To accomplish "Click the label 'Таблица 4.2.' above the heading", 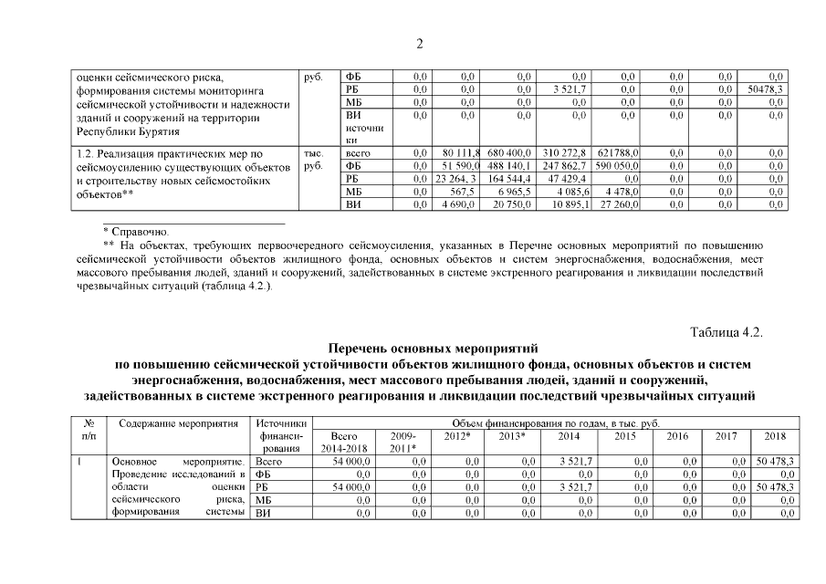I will point(727,331).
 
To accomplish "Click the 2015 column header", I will point(625,436).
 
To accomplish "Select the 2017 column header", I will point(726,436).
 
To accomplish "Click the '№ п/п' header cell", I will point(89,430).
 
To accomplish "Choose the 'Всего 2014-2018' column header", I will point(346,443).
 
